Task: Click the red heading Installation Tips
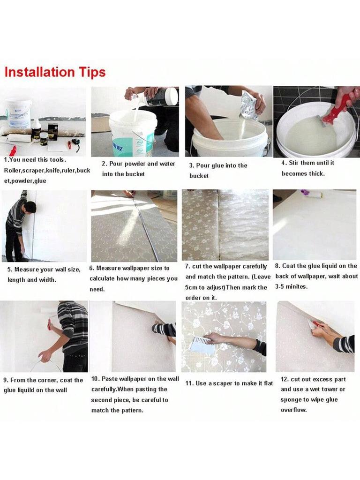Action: pyautogui.click(x=55, y=72)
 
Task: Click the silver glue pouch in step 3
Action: pyautogui.click(x=248, y=105)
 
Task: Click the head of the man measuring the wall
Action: pyautogui.click(x=30, y=207)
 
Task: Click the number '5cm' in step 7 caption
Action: pyautogui.click(x=194, y=287)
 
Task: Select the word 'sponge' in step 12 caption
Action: pyautogui.click(x=292, y=400)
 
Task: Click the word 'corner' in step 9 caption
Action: pyautogui.click(x=50, y=380)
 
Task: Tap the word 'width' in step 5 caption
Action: pyautogui.click(x=48, y=280)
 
